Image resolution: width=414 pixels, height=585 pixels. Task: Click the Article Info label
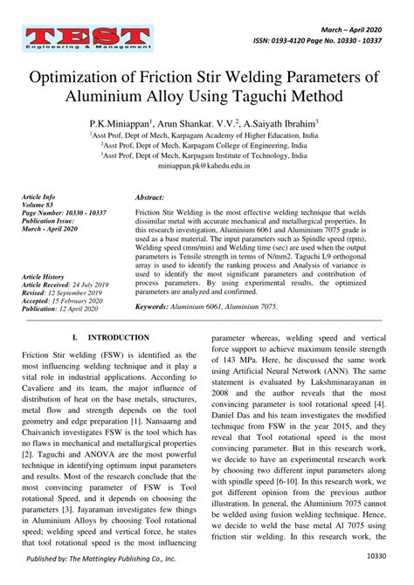(x=38, y=198)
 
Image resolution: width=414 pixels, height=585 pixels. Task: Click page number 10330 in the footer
(x=376, y=554)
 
